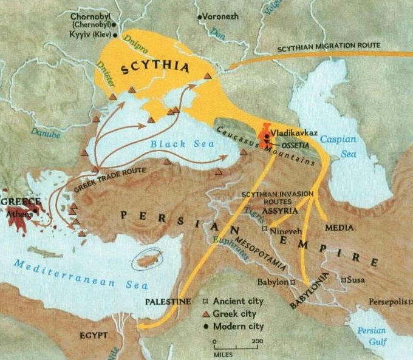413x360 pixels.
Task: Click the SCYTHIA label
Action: click(151, 68)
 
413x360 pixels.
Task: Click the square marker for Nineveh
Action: click(264, 229)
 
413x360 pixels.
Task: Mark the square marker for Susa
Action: click(344, 280)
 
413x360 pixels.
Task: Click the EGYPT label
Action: click(93, 335)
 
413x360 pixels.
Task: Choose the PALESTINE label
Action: click(168, 302)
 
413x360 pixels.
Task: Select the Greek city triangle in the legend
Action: click(206, 314)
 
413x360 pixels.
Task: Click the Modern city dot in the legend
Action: click(206, 326)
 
